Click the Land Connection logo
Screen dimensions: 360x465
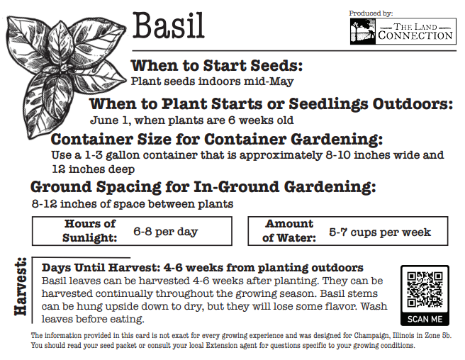click(x=401, y=31)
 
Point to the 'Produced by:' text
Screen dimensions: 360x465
click(x=371, y=13)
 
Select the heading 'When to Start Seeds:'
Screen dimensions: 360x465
click(x=217, y=66)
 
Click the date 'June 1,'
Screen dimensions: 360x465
click(x=109, y=120)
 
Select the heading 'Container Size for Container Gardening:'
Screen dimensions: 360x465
click(x=217, y=139)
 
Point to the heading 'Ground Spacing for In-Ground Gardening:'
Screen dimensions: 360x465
click(x=203, y=188)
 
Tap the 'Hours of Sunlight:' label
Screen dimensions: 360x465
click(x=89, y=231)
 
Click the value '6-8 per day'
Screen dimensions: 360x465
click(x=166, y=232)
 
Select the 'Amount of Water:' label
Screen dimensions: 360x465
click(x=288, y=231)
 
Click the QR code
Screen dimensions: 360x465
click(x=425, y=289)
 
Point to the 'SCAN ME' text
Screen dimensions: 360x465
click(x=425, y=320)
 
